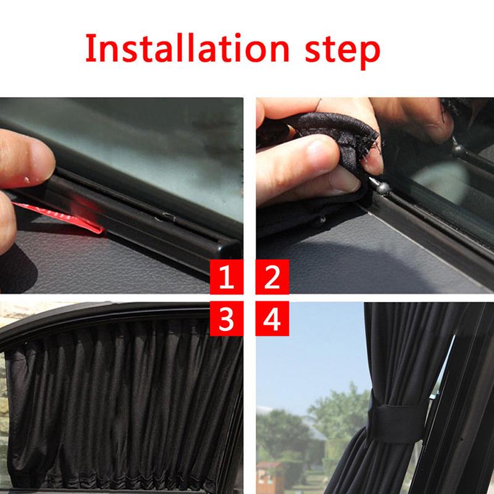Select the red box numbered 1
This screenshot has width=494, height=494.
tap(227, 278)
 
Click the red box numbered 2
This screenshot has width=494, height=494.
tap(272, 278)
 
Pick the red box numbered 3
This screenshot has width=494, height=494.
tap(227, 319)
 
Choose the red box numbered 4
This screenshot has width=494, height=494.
tap(272, 319)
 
